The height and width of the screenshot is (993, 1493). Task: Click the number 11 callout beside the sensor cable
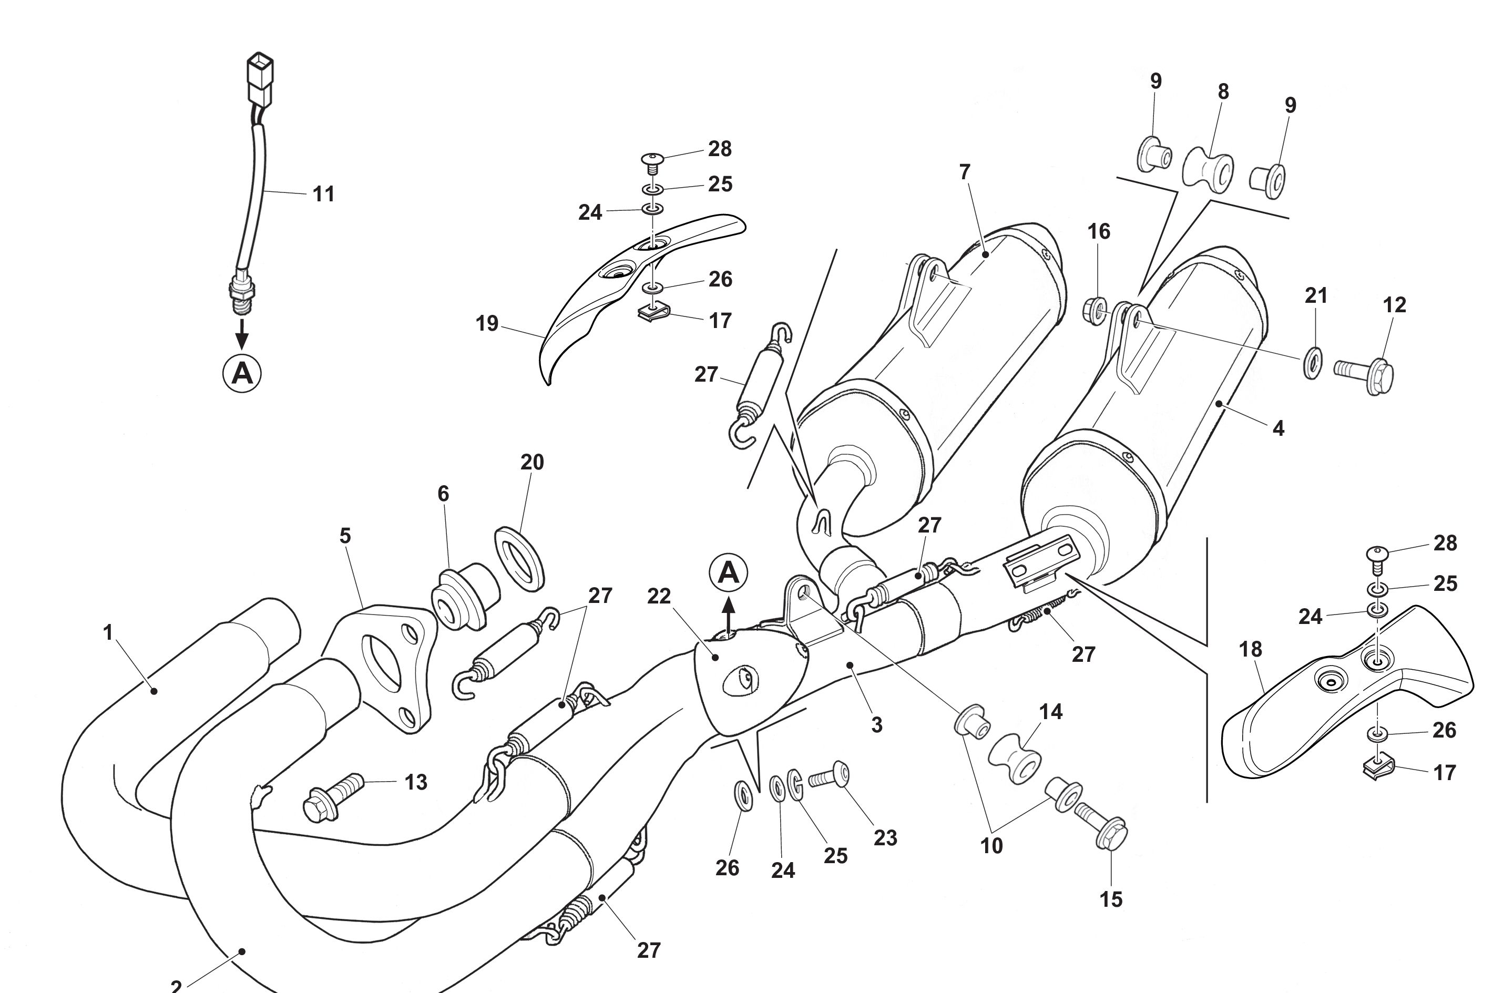pos(323,194)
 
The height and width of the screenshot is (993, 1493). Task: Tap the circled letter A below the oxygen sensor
pos(242,374)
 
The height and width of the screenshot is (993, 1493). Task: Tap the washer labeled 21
pos(1313,362)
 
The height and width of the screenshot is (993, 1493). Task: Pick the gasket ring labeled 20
pos(519,557)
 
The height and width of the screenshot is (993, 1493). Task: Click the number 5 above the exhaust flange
pos(345,536)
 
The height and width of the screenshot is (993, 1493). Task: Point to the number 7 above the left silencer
pos(964,171)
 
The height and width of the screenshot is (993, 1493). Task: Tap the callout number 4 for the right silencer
pos(1279,429)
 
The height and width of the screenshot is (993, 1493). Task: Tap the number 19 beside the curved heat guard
pos(487,324)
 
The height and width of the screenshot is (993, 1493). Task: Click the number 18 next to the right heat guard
pos(1251,649)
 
